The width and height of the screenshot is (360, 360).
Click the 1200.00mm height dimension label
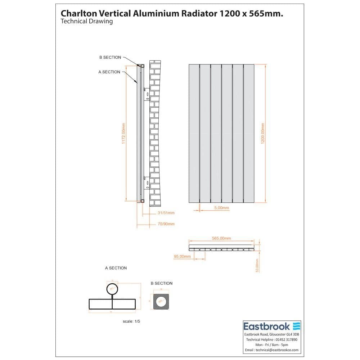click(263, 134)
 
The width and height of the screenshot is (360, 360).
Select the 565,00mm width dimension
click(221, 238)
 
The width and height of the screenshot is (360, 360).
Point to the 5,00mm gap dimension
click(221, 208)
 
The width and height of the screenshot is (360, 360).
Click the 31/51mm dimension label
click(166, 213)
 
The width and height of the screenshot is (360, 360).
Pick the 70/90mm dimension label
click(166, 224)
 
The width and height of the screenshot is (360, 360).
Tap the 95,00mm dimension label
click(182, 256)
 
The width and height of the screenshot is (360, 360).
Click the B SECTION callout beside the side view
click(110, 58)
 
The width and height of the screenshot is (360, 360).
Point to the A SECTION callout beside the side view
click(109, 72)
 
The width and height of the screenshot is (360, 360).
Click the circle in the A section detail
click(112, 289)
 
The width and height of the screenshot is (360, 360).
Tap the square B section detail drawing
click(161, 301)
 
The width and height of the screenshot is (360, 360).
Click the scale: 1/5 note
click(131, 321)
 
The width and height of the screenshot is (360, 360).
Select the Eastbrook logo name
click(267, 327)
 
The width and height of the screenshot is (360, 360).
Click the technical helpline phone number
click(284, 339)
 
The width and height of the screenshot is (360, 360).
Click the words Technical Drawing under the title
click(87, 21)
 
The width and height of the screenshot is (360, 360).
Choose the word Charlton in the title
click(77, 13)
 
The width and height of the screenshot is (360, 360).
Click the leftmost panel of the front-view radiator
click(194, 134)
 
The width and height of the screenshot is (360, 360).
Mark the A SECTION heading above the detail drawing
click(116, 268)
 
